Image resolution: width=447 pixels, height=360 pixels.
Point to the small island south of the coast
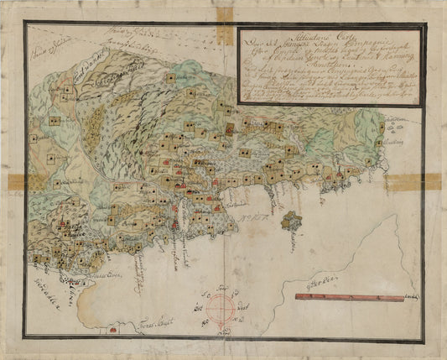[x=293, y=222]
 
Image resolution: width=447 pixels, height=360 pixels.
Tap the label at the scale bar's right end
[x=411, y=296]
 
